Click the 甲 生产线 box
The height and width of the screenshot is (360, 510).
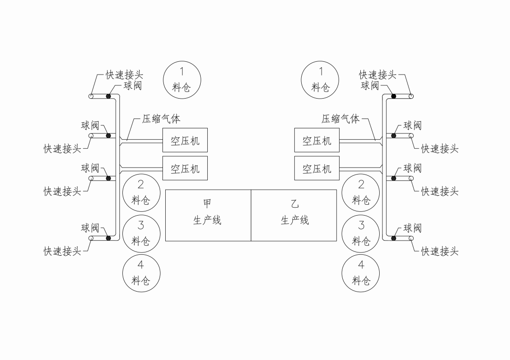pos(208,215)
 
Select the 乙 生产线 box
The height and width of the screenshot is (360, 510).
pos(294,215)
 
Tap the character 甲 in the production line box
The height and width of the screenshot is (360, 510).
pos(207,204)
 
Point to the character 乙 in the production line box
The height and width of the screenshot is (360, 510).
pos(295,204)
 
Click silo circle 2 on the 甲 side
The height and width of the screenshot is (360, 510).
pos(141,192)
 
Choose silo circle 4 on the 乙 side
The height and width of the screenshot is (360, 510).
pos(361,273)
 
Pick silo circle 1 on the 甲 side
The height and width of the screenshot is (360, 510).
pos(182,80)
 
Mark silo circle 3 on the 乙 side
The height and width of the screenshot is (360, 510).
pos(361,233)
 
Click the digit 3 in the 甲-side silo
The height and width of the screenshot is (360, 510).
pos(141,225)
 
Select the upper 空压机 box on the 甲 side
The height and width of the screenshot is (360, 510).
pos(185,140)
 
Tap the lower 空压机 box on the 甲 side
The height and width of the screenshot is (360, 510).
pos(185,168)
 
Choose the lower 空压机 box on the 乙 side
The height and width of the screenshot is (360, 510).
pos(317,168)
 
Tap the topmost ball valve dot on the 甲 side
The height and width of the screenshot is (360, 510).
pos(109,96)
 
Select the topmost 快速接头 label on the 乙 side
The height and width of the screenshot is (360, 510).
pos(377,75)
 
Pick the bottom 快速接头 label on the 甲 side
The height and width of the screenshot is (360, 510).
pos(62,251)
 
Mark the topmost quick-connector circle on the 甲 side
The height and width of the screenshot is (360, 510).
pos(91,96)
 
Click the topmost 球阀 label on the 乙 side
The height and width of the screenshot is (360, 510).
pos(370,85)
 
